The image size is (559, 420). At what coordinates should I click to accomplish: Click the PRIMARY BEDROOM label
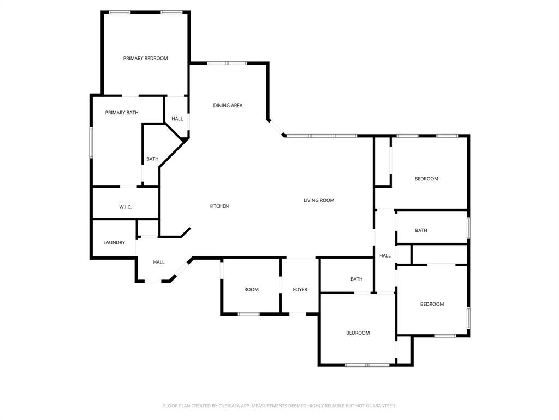(x=145, y=58)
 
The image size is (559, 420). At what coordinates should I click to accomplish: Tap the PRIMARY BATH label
(x=122, y=113)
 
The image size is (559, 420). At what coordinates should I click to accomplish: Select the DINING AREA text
(x=228, y=106)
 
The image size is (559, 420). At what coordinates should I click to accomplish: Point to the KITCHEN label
(x=219, y=206)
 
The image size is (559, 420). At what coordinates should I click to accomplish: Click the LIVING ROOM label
(x=319, y=200)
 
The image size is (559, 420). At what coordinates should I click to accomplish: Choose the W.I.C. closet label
(x=125, y=207)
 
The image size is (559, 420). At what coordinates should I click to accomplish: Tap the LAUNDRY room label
(x=114, y=243)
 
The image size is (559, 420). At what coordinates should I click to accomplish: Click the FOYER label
(x=300, y=290)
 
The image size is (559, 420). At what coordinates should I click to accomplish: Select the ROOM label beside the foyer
(x=251, y=290)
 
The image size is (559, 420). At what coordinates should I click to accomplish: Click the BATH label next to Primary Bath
(x=152, y=159)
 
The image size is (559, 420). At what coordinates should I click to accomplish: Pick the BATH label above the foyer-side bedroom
(x=356, y=279)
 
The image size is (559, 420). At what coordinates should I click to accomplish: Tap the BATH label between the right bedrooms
(x=421, y=231)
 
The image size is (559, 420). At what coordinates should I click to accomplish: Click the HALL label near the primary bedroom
(x=177, y=119)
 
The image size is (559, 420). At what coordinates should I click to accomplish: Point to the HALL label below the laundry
(x=159, y=262)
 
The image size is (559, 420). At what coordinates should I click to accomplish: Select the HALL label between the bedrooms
(x=385, y=255)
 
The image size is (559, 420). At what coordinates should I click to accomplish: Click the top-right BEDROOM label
(x=426, y=179)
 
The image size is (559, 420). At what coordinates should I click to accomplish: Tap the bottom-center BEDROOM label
(x=358, y=333)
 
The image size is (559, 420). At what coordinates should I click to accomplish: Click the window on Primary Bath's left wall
(x=91, y=142)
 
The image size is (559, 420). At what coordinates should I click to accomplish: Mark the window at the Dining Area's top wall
(x=227, y=63)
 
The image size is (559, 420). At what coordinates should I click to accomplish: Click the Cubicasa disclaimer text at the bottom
(x=279, y=406)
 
